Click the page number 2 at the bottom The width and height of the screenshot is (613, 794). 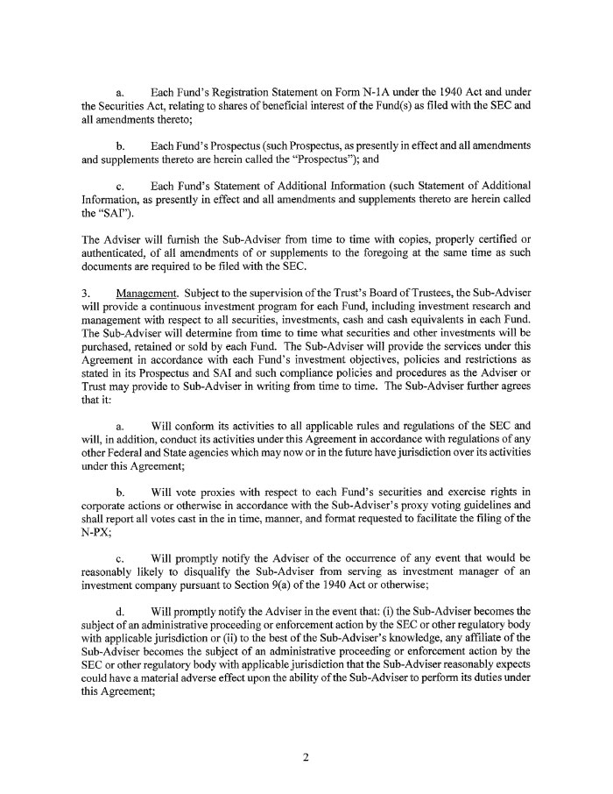pyautogui.click(x=306, y=758)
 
